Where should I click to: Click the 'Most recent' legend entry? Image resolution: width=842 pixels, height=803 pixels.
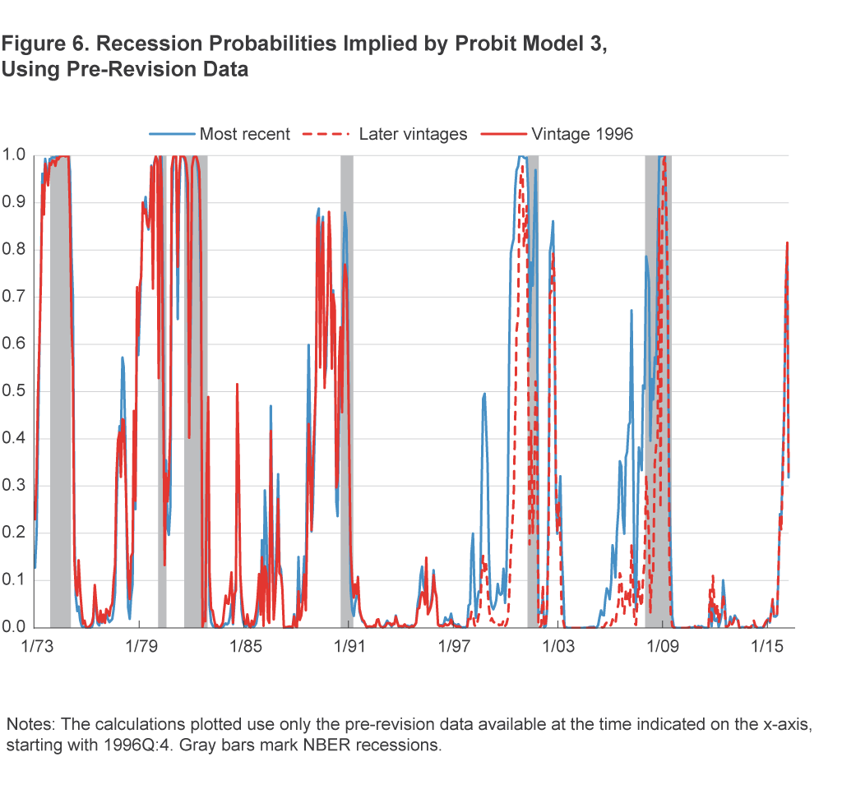[245, 134]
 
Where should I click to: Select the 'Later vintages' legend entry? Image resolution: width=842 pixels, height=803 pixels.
[413, 134]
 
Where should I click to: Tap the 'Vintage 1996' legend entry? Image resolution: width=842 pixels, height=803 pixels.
[582, 134]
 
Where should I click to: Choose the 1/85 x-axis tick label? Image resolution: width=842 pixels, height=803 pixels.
[244, 647]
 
